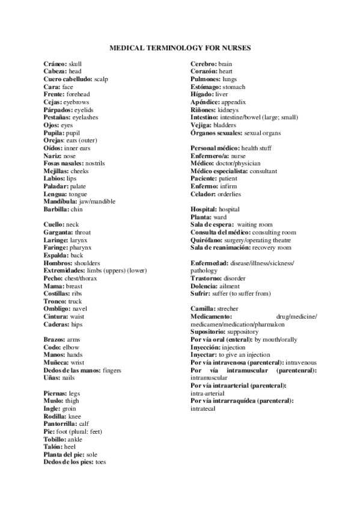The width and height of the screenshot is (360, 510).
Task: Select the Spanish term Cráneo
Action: click(55, 63)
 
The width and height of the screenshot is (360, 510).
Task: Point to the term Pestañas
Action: click(58, 118)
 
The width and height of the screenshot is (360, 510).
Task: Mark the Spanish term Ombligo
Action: click(56, 309)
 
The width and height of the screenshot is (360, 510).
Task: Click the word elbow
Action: click(71, 347)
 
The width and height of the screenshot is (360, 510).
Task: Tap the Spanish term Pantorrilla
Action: click(61, 423)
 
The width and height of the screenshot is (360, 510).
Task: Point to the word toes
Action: click(100, 462)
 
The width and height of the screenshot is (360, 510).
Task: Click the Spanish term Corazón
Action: click(204, 71)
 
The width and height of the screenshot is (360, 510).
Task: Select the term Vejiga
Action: click(202, 125)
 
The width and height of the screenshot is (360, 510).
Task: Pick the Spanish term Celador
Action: click(205, 194)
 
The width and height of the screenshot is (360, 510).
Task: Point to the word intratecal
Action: click(203, 408)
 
